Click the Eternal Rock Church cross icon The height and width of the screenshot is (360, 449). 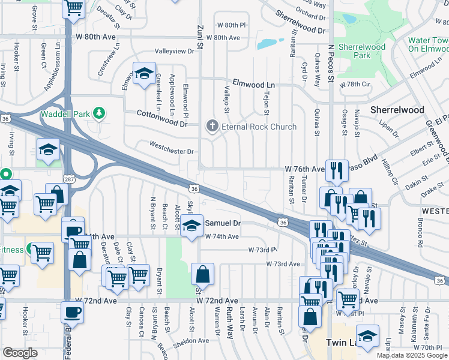pyautogui.click(x=211, y=127)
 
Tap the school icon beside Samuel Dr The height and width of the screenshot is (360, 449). pyautogui.click(x=191, y=226)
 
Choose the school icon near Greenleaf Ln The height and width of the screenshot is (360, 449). pyautogui.click(x=143, y=74)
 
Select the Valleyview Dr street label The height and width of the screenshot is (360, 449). pyautogui.click(x=175, y=52)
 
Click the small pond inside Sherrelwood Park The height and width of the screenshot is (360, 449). pyautogui.click(x=349, y=18)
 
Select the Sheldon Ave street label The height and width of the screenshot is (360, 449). pyautogui.click(x=191, y=341)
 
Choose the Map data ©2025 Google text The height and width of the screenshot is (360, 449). pyautogui.click(x=411, y=355)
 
